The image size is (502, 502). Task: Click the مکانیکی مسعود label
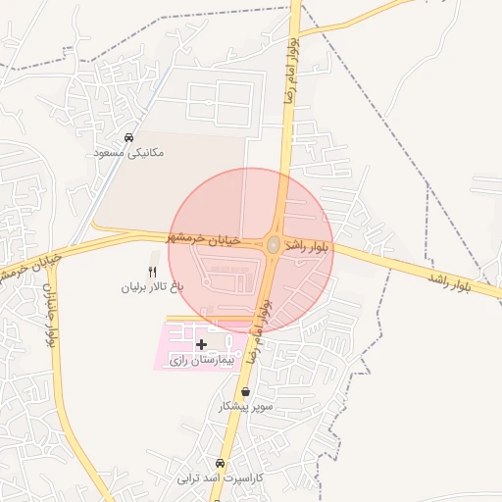coord(128,153)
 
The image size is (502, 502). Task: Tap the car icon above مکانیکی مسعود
coord(129,137)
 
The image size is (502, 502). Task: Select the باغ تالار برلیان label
coord(152,287)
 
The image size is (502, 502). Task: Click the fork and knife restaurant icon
coord(152,272)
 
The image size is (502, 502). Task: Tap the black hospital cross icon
coord(202,344)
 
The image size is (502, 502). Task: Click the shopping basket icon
coord(244,391)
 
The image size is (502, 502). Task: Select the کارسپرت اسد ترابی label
coord(220,479)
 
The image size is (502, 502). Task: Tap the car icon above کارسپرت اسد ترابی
coord(220,464)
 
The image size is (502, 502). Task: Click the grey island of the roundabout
coord(274,244)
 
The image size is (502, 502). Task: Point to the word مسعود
coord(109,153)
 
